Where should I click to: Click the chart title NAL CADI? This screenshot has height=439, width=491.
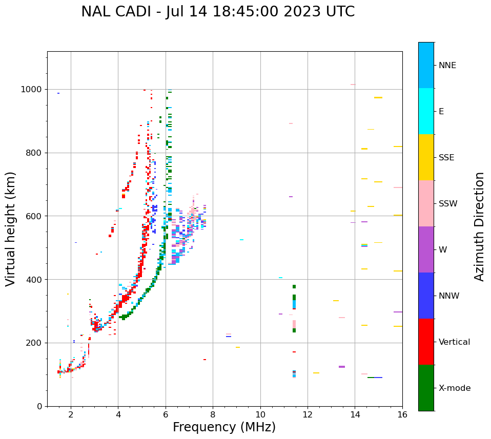pos(119,12)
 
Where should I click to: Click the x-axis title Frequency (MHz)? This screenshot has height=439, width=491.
pos(224,427)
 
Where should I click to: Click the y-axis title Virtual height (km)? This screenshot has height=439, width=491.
pos(11,228)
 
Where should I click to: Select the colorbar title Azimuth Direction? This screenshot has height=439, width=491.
pos(479,226)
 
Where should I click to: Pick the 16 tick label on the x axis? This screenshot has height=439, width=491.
pos(402,414)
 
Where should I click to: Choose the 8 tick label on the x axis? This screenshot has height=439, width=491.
pos(213,414)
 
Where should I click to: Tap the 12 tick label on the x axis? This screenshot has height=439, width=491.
pos(308,414)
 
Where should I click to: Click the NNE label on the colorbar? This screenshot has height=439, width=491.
pos(447,66)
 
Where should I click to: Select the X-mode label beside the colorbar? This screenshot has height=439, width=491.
pos(455,388)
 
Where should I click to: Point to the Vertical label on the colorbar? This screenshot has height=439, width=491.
pos(455,342)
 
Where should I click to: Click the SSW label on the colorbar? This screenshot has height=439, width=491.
pos(448,204)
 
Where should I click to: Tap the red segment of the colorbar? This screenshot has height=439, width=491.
pos(426,342)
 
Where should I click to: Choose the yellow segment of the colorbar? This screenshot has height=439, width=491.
pos(426,157)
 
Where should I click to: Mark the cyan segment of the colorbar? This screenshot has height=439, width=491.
pos(426,111)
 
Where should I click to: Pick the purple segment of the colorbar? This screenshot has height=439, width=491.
pos(426,249)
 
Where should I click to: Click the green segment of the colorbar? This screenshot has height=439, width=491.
pos(426,388)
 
